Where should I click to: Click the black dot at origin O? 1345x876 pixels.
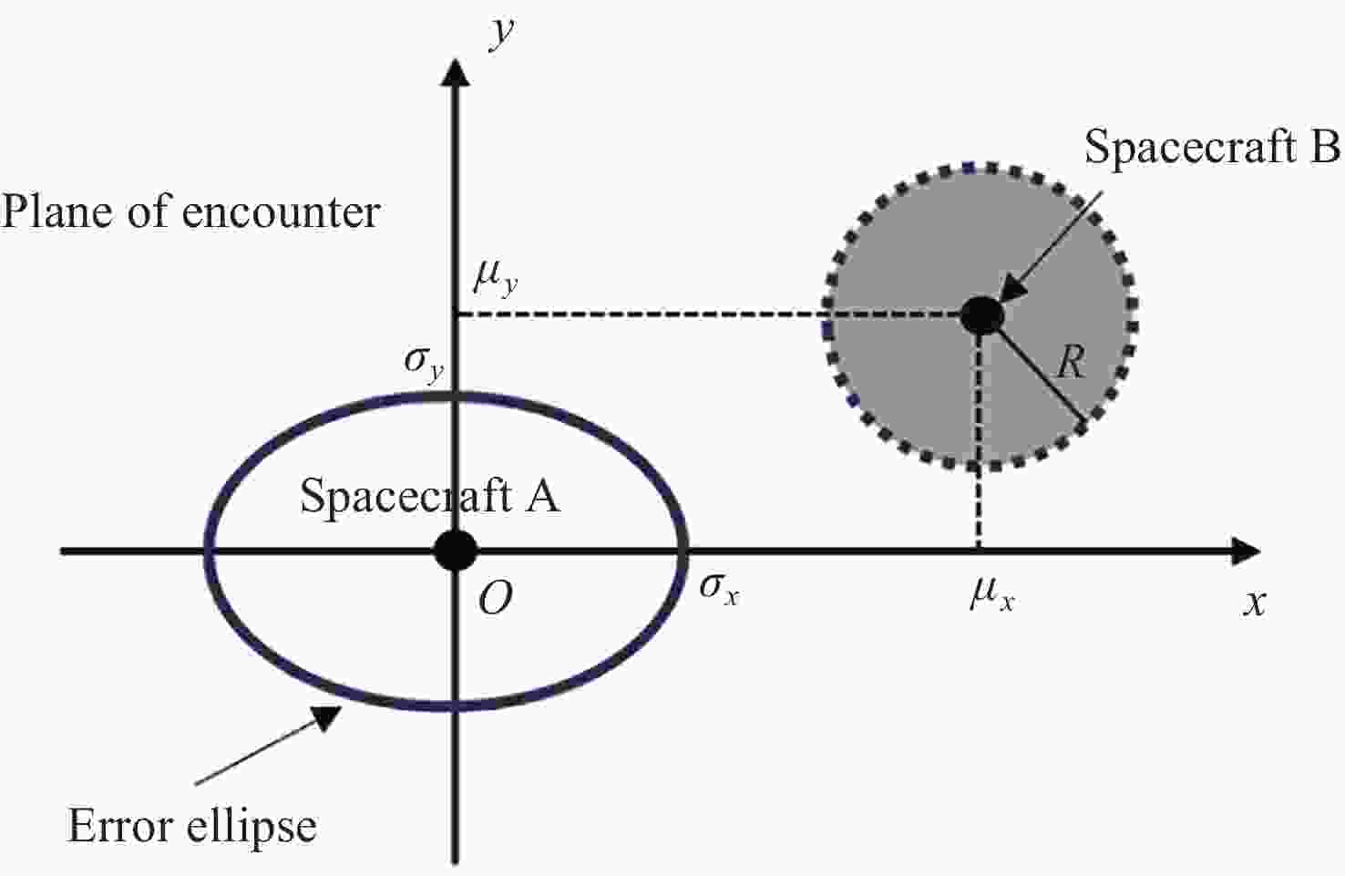455,550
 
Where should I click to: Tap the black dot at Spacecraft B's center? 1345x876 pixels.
982,315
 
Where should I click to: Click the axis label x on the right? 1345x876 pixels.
1255,603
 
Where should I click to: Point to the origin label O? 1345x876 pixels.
495,599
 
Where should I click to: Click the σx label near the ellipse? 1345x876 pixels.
718,588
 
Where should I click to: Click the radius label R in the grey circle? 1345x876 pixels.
1070,363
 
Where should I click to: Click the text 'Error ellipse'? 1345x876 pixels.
192,827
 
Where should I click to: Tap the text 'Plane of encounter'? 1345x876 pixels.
190,212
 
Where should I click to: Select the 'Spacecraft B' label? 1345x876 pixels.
1212,147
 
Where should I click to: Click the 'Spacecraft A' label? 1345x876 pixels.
429,497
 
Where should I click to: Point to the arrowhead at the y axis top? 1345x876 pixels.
454,70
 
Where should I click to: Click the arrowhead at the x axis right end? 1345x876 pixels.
1245,551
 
